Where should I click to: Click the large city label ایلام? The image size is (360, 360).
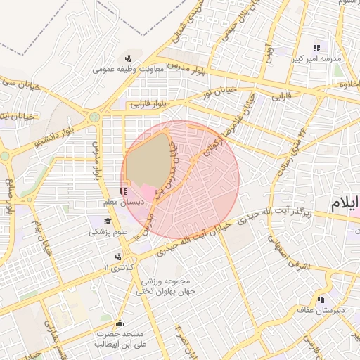(x=345, y=205)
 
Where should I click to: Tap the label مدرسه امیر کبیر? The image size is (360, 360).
(x=316, y=59)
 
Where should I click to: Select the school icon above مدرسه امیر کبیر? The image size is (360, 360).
(x=316, y=49)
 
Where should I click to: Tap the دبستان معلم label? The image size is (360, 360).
(x=124, y=202)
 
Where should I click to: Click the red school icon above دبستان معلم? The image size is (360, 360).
(x=124, y=191)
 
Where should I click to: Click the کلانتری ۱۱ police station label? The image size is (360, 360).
(x=117, y=268)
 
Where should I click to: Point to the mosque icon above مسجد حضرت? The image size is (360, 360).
(x=119, y=324)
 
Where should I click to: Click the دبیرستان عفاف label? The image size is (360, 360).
(x=321, y=310)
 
